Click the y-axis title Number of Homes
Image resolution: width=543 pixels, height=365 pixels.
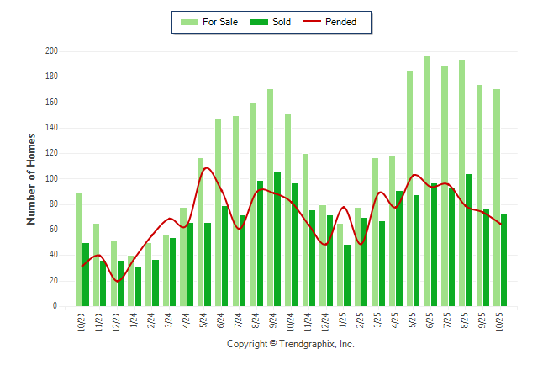32,178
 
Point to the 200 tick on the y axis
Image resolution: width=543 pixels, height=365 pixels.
51,51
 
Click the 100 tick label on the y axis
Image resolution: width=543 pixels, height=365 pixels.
51,179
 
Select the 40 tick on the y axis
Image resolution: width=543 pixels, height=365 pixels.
53,256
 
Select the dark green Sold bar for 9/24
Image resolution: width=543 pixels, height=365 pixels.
277,239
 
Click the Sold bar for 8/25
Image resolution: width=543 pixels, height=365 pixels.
470,240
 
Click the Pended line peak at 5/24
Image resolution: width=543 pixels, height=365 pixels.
207,168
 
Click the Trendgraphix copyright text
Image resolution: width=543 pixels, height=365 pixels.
290,344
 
